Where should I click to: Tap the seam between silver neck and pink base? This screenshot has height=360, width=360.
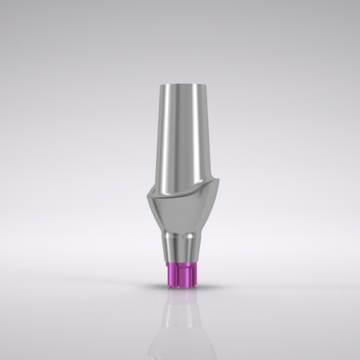[x=179, y=263]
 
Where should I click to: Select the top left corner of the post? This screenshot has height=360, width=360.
[x=161, y=84]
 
